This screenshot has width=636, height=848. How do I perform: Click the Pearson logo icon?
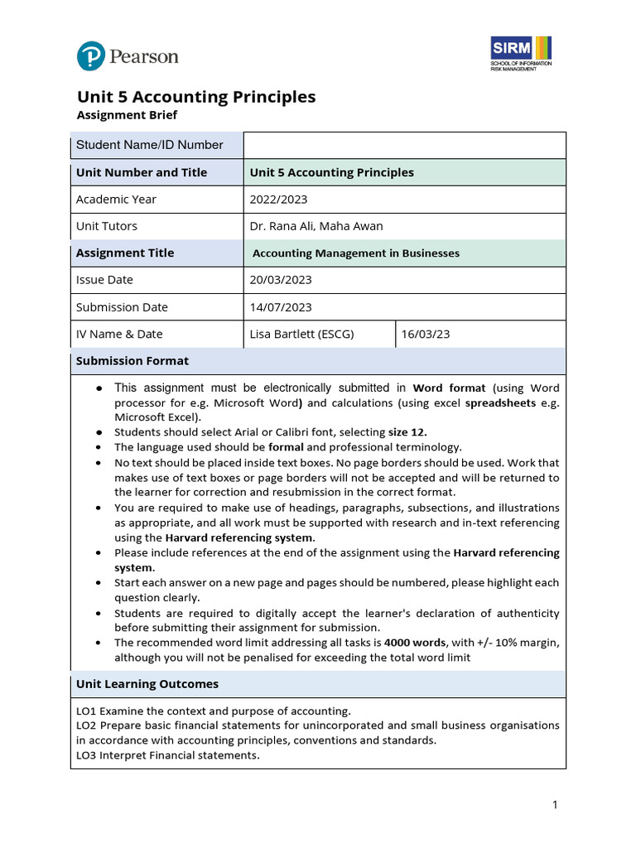(x=92, y=56)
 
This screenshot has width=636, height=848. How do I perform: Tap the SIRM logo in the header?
(x=521, y=53)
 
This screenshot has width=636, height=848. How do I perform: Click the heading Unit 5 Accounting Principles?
(x=196, y=97)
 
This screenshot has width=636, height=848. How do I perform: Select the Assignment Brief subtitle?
(x=127, y=115)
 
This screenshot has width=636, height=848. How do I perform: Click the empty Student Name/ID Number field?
(x=404, y=145)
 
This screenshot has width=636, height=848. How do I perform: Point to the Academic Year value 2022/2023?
(x=281, y=199)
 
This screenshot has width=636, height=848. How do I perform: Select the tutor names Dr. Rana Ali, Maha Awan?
(x=316, y=226)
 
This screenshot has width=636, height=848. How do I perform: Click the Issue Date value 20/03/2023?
(x=281, y=280)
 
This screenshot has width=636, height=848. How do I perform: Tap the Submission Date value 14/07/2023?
(x=281, y=307)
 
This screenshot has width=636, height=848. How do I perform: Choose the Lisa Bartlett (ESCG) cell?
(x=302, y=334)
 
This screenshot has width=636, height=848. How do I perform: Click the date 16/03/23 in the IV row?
(x=426, y=334)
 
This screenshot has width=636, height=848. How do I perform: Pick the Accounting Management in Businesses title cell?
(x=355, y=253)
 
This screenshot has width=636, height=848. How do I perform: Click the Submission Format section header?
(x=132, y=361)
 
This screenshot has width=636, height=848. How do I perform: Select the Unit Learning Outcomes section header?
(x=147, y=684)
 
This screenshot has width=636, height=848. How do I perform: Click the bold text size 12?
(x=407, y=431)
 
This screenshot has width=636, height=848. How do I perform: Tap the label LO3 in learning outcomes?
(x=86, y=755)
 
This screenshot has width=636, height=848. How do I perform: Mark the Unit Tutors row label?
(x=107, y=226)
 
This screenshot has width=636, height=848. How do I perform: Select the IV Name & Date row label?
(x=119, y=334)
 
